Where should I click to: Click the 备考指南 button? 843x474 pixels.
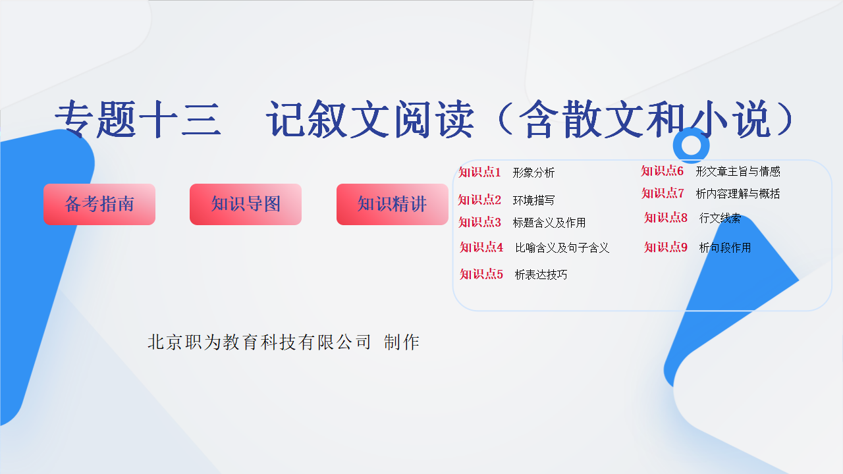pos(99,204)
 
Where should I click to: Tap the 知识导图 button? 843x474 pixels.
pos(246,204)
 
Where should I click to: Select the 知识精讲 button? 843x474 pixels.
pos(392,204)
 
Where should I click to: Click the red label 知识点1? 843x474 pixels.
pos(479,172)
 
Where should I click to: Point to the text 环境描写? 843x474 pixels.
pos(533,200)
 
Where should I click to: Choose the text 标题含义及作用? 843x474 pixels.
pos(549,223)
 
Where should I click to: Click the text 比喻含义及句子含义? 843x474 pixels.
pos(562,248)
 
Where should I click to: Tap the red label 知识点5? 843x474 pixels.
pos(481,275)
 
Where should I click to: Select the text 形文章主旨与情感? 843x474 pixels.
pos(738,172)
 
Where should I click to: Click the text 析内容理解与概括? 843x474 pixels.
pos(738,194)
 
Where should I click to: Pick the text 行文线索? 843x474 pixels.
pos(720,218)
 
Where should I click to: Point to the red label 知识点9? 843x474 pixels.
pos(666,247)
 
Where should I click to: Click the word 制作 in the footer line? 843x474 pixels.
pos(402,342)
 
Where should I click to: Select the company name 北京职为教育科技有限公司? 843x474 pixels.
pos(259,342)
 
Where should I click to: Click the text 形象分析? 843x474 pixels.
pos(533,172)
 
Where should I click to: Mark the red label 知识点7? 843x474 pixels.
pos(663,194)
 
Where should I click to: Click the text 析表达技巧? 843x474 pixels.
pos(541,275)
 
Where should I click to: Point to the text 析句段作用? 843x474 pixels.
pos(725,248)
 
